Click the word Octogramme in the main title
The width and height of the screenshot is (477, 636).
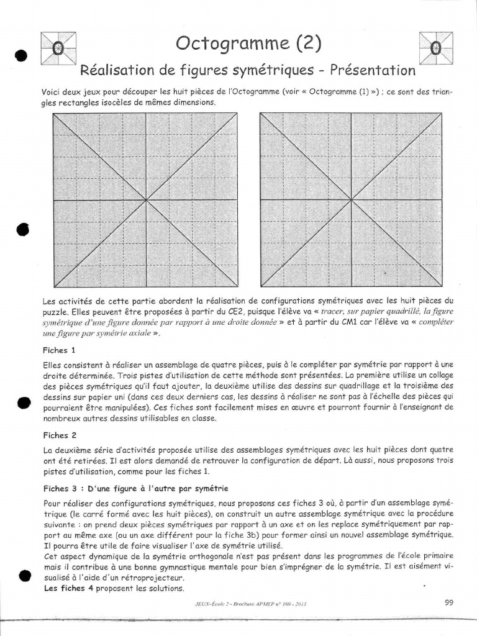(223, 43)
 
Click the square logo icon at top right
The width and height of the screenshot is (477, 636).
(436, 48)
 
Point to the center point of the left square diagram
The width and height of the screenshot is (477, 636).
(146, 200)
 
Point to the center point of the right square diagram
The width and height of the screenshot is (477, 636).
(352, 200)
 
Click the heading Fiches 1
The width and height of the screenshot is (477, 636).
(60, 350)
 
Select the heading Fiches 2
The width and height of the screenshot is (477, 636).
(60, 435)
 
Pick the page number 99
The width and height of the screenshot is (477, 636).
(450, 602)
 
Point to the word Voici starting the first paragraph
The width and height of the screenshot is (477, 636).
(53, 92)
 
